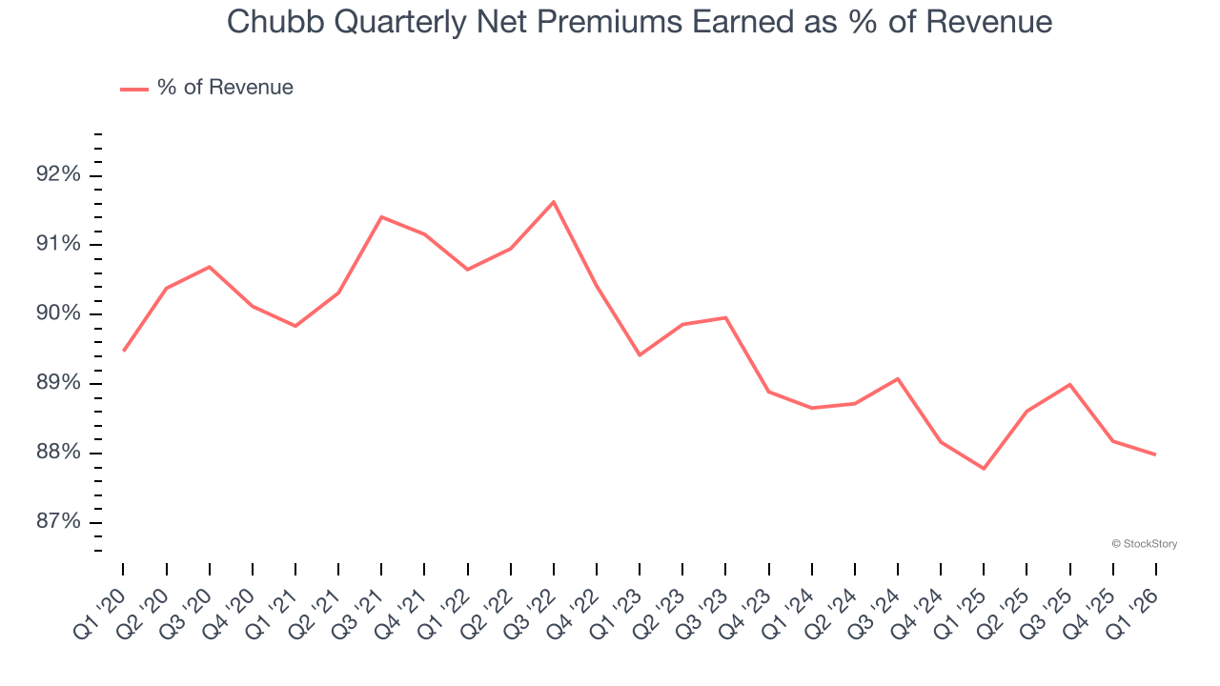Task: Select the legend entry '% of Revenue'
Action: [x=225, y=88]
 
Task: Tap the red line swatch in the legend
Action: [x=134, y=89]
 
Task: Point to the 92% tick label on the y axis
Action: [x=57, y=175]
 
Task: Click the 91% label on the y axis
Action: [x=57, y=245]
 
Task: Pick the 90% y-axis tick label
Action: [x=57, y=314]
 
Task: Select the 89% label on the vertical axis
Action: [x=57, y=384]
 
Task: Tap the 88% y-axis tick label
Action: [x=57, y=453]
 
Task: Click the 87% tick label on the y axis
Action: [x=57, y=522]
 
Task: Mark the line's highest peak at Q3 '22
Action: [x=554, y=202]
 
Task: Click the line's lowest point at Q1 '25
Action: [x=984, y=469]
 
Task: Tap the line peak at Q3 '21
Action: [x=381, y=217]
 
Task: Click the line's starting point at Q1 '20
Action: [x=124, y=351]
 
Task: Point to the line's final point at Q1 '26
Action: [x=1155, y=454]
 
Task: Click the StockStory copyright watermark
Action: [x=1144, y=544]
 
